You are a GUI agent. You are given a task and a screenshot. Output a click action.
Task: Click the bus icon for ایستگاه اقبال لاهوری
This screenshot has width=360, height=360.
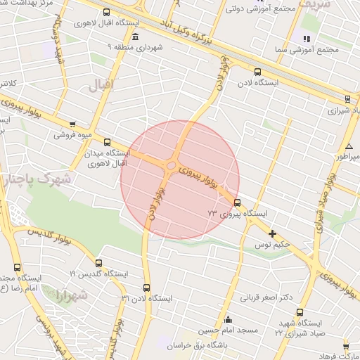click(x=106, y=12)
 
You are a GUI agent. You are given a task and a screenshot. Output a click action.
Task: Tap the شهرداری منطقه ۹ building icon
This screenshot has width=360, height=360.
click(x=135, y=37)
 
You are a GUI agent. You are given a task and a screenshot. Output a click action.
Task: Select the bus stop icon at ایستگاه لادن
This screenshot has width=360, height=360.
click(x=257, y=71)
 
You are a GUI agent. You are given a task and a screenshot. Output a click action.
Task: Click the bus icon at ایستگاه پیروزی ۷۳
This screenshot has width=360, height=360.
click(x=237, y=202)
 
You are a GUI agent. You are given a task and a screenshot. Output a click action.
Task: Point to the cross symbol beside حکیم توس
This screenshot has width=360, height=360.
click(x=272, y=233)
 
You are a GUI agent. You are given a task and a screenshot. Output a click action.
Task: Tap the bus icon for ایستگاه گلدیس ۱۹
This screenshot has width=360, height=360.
click(x=98, y=263)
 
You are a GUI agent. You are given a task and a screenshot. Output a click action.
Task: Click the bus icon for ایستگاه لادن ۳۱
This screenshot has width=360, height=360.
click(x=146, y=288)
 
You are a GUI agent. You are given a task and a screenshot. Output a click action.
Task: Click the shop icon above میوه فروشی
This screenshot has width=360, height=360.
click(x=72, y=123)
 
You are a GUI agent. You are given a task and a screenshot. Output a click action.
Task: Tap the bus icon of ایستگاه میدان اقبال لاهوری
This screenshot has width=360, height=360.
click(x=107, y=141)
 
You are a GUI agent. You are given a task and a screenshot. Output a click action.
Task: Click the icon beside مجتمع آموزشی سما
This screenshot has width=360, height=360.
click(x=306, y=39)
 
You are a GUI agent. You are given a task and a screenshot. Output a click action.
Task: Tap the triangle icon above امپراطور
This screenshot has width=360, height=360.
click(x=349, y=146)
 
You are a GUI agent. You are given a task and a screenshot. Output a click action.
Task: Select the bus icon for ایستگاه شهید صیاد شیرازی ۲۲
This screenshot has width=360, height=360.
click(x=300, y=311)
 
